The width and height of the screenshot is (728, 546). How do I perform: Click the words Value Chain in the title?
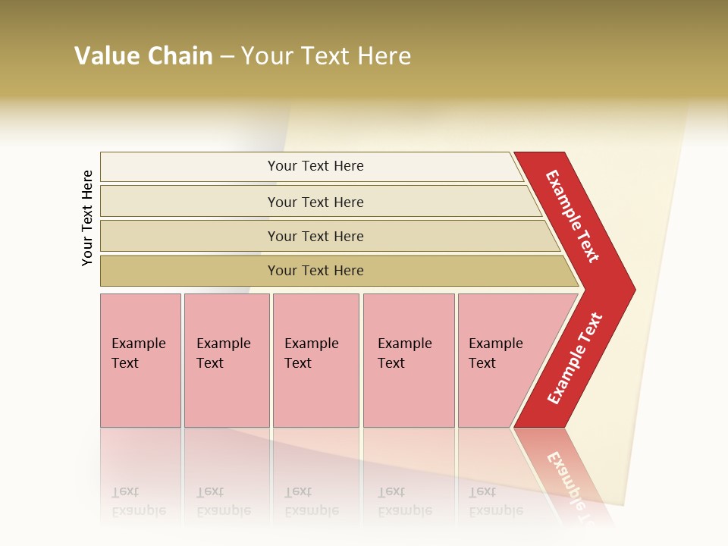[x=143, y=56]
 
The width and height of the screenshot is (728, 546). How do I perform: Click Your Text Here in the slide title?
[x=326, y=56]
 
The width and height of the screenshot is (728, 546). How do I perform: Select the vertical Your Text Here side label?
[x=87, y=218]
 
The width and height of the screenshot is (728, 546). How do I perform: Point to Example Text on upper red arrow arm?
[x=573, y=216]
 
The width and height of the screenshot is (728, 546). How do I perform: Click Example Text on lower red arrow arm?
[x=575, y=358]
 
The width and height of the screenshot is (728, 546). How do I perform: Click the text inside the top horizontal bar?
[x=315, y=166]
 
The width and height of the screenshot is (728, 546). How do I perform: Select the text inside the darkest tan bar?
[x=315, y=271]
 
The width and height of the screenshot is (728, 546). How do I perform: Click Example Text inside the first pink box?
[x=138, y=353]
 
